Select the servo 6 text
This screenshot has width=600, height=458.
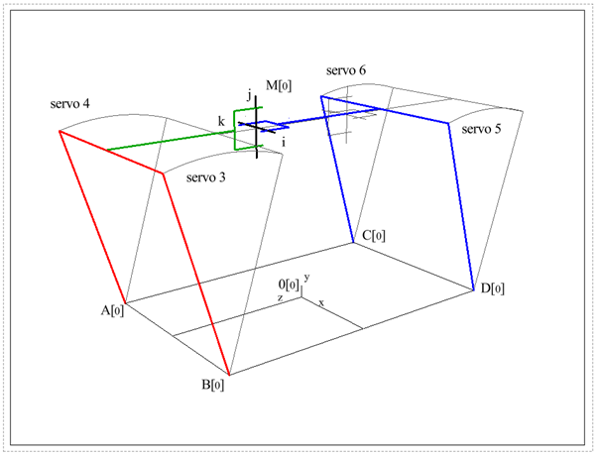(x=345, y=71)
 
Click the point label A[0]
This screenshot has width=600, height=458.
(x=112, y=310)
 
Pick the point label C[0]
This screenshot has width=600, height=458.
(x=374, y=235)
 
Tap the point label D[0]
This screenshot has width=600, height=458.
(x=493, y=288)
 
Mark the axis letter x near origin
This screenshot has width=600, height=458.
(x=320, y=300)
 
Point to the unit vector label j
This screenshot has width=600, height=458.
(x=249, y=96)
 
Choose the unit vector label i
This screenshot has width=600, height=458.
(x=284, y=142)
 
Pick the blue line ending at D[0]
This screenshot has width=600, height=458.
(x=462, y=208)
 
